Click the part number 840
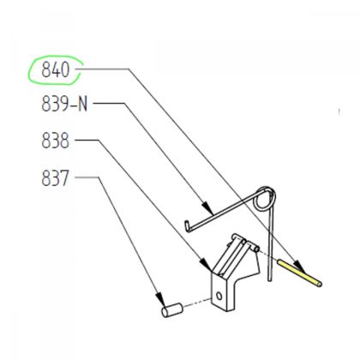pyautogui.click(x=56, y=69)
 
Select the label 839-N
pyautogui.click(x=64, y=104)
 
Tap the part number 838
pyautogui.click(x=56, y=141)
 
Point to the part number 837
pyautogui.click(x=56, y=178)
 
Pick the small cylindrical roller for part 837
pyautogui.click(x=172, y=309)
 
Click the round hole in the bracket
pyautogui.click(x=219, y=296)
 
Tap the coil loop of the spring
pyautogui.click(x=265, y=199)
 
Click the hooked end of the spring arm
pyautogui.click(x=187, y=225)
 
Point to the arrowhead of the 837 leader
pyautogui.click(x=159, y=299)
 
